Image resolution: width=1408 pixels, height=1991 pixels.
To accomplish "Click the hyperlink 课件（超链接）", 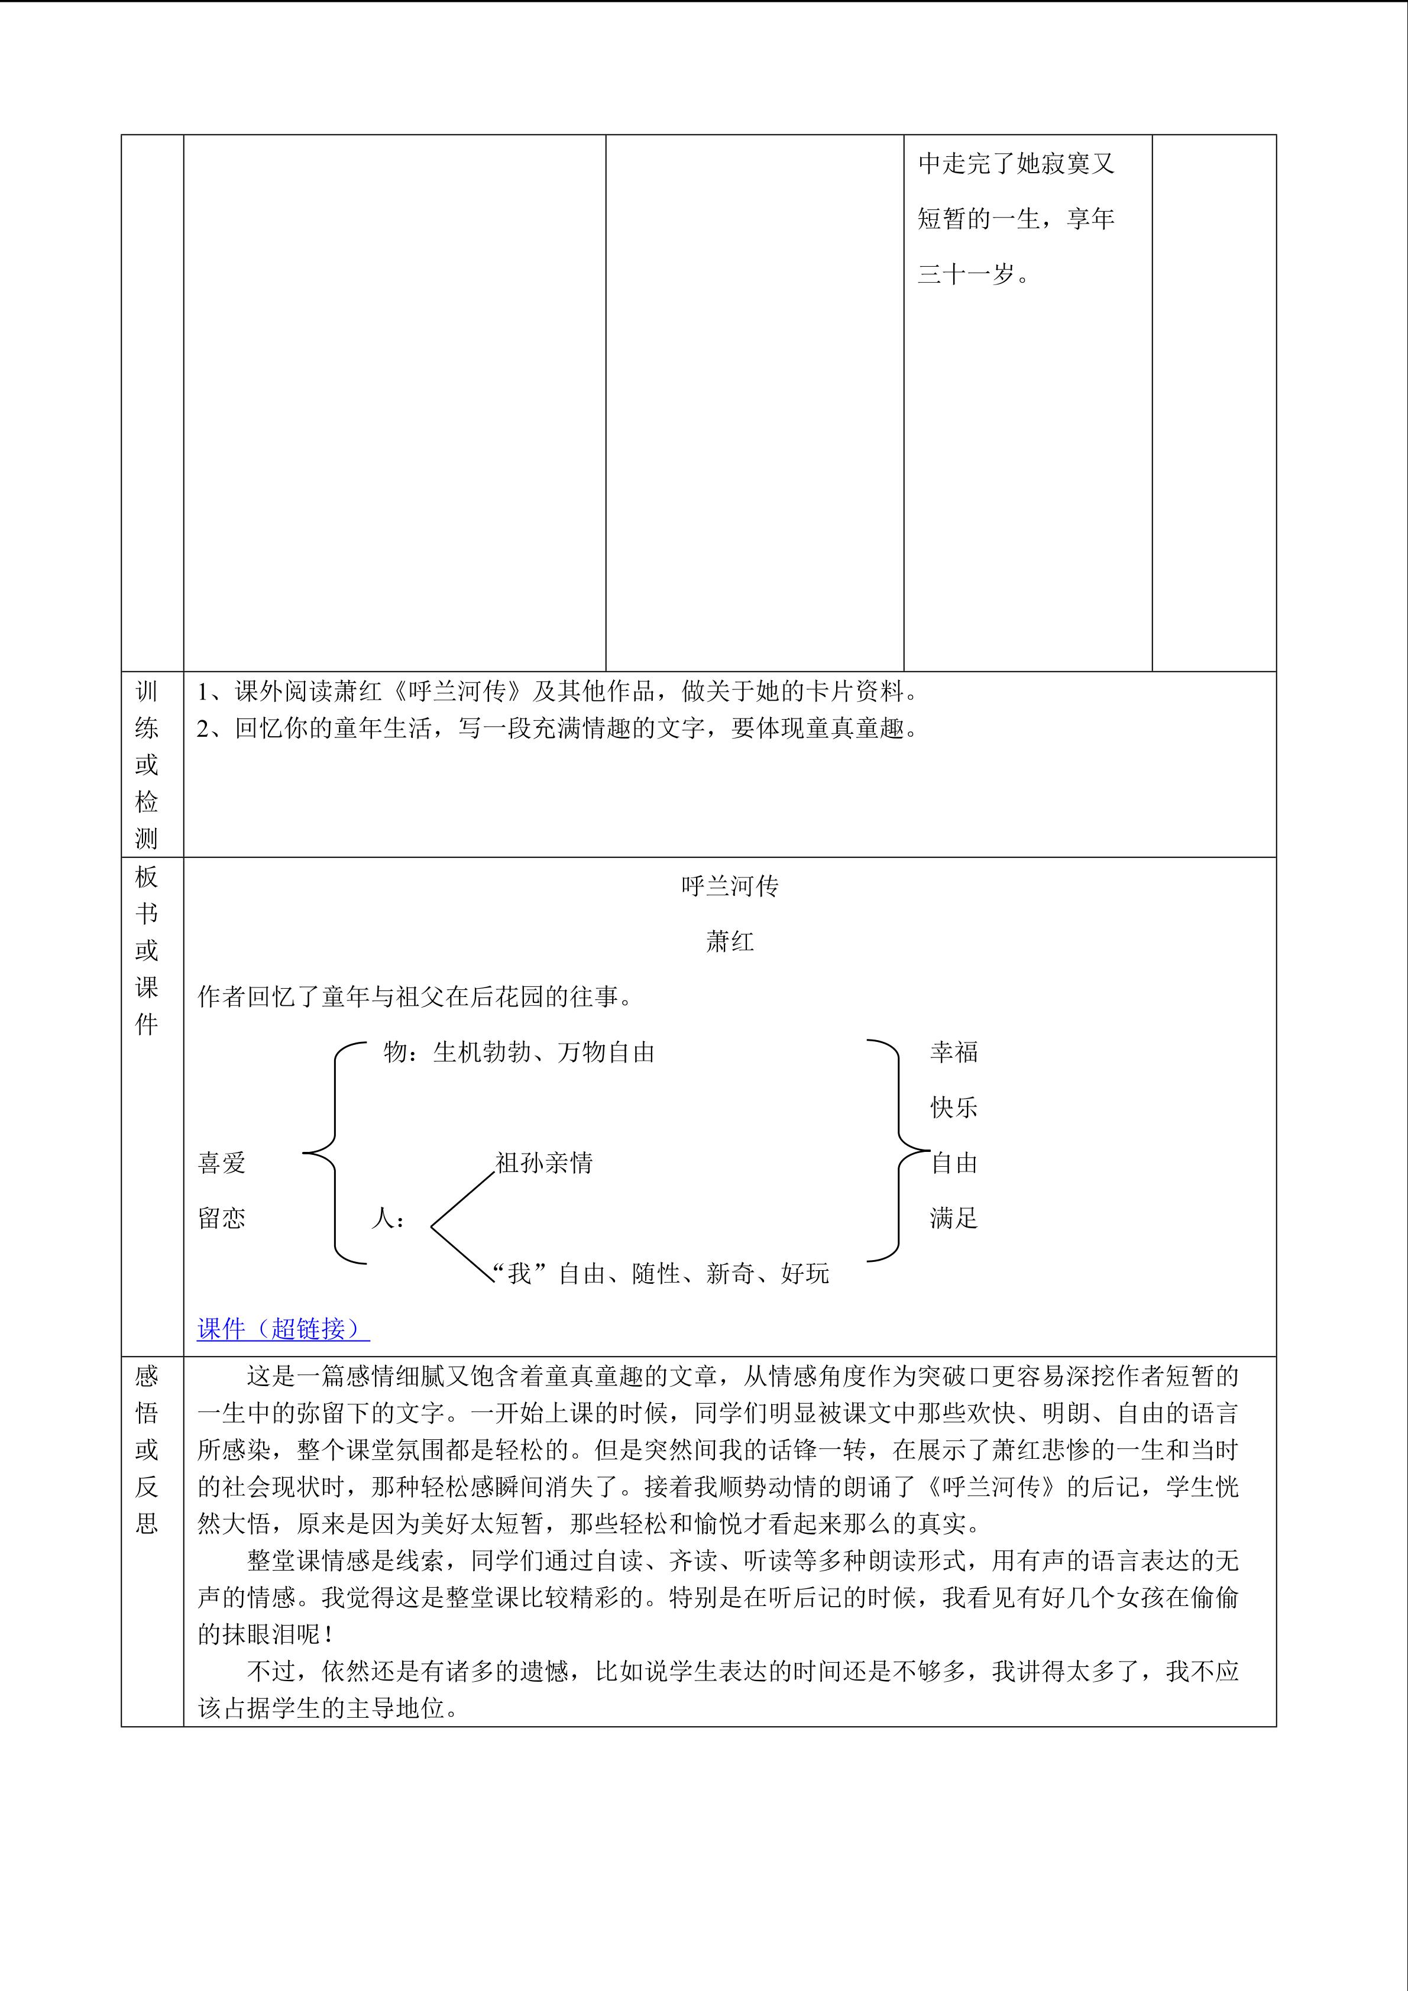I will pos(283,1329).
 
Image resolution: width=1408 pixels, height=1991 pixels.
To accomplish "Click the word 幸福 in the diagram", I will pos(954,1052).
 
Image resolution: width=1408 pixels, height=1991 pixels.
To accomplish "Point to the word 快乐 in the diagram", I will pos(954,1108).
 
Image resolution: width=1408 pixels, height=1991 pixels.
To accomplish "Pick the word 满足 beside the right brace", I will pos(954,1218).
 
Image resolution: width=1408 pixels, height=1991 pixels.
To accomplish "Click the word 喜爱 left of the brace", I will pos(222,1163).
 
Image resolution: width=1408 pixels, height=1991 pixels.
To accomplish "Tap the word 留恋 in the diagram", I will pos(222,1218).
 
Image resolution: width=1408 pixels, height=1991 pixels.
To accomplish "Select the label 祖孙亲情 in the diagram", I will pos(543,1163).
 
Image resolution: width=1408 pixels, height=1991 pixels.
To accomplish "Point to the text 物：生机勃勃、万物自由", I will pos(519,1052).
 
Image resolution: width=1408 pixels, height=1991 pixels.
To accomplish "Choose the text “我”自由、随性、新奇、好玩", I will pos(661,1273).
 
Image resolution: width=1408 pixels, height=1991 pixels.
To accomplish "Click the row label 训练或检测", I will pos(147,764).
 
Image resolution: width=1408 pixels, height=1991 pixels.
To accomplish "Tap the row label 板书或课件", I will pos(147,950).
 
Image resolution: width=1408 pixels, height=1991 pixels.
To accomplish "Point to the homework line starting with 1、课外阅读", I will pos(558,691).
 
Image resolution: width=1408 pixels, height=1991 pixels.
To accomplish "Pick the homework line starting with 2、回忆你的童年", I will pos(558,729).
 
